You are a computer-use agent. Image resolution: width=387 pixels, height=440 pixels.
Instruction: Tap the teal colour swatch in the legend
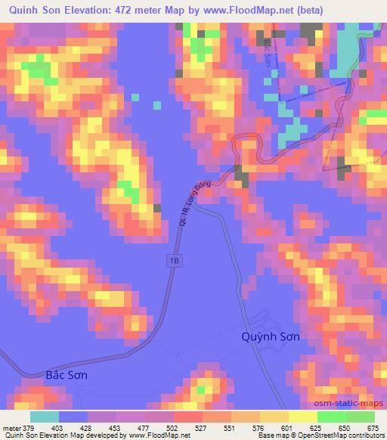(x=45, y=416)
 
